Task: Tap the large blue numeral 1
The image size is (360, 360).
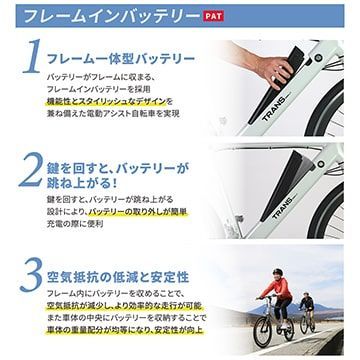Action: click(x=29, y=62)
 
